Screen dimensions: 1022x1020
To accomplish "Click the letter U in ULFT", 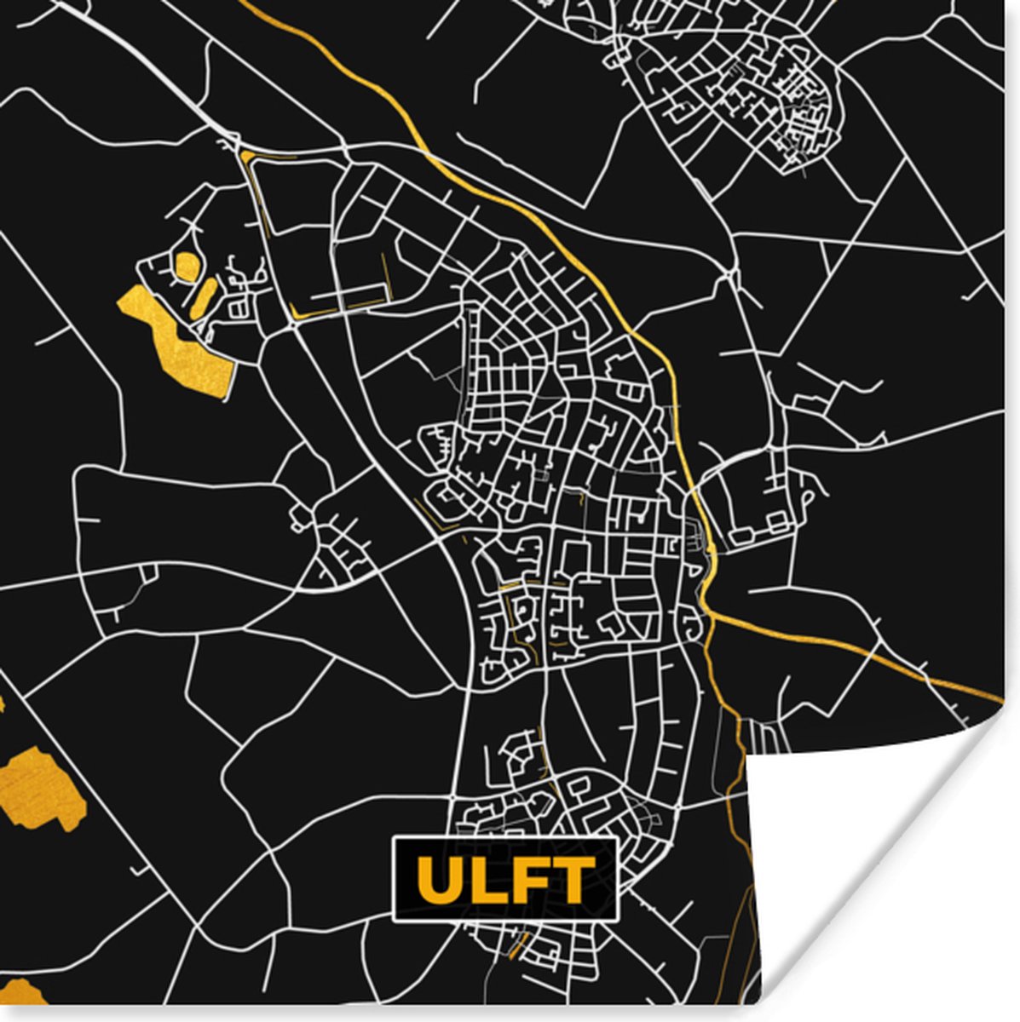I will [x=441, y=880].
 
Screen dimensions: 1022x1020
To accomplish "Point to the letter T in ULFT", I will [x=572, y=880].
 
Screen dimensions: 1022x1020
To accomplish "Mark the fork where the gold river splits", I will [x=709, y=609].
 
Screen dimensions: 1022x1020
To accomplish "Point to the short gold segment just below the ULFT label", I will [x=516, y=944].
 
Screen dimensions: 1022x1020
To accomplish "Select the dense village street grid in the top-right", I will [x=741, y=85].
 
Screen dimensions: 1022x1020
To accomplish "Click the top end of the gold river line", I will [x=243, y=3].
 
